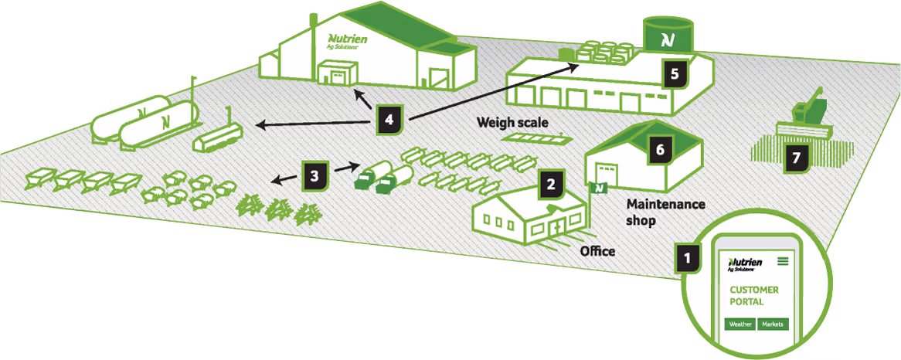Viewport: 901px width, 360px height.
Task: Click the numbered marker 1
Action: (685, 256)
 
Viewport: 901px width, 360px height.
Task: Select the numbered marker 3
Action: (314, 176)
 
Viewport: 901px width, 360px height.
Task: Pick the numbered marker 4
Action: (389, 120)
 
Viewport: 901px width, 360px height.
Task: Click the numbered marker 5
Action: (675, 74)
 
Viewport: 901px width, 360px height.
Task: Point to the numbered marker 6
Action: (659, 149)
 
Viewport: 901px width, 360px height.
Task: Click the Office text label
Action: (597, 251)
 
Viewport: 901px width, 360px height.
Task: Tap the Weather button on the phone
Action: (740, 324)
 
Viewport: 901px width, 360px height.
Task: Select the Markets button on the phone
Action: (773, 324)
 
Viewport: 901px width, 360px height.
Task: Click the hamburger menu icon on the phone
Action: (784, 261)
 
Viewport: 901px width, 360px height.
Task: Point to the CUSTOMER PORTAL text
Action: (754, 296)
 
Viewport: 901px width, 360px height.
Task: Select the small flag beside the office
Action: (597, 186)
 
